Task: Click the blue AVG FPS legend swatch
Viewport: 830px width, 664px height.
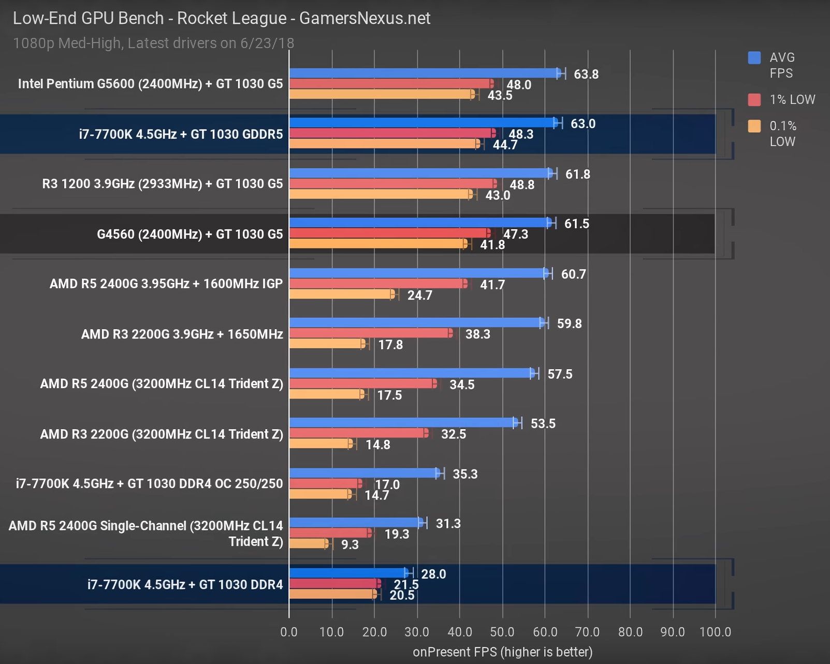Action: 754,57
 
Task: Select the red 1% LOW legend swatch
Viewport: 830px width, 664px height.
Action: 754,100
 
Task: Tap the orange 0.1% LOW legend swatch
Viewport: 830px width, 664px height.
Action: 754,126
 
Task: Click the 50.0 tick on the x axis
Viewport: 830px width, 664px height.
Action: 502,632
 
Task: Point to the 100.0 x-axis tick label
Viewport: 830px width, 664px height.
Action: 715,632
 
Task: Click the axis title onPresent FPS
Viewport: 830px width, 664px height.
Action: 502,652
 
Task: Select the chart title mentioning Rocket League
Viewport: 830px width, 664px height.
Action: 221,18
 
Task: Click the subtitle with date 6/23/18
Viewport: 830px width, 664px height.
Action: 153,43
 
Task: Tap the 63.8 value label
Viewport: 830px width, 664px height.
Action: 586,75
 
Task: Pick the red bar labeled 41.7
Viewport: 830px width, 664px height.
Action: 378,284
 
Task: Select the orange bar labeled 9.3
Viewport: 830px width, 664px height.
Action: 309,543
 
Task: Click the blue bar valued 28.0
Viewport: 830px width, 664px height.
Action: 348,573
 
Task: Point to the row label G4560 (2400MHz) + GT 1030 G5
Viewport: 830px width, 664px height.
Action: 190,234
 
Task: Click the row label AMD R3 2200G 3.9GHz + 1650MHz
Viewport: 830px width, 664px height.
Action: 182,334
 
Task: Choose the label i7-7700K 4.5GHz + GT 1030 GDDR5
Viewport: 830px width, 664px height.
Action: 181,135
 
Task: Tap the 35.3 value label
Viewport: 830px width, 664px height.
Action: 465,474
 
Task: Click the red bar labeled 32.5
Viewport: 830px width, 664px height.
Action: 358,433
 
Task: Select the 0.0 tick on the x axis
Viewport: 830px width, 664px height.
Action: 289,632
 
